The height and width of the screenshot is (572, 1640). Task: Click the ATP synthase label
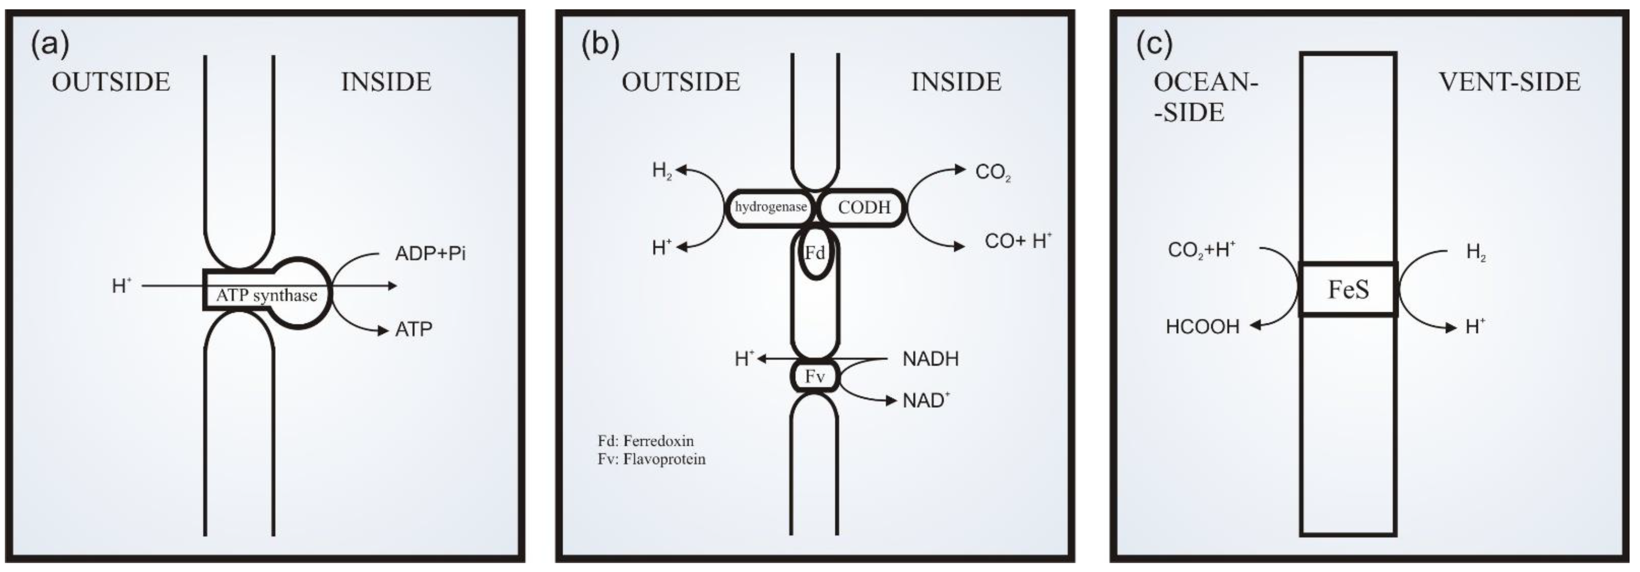tap(266, 296)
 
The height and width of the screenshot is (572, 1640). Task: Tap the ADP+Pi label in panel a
tap(430, 254)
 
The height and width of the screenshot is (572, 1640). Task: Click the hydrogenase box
tap(770, 207)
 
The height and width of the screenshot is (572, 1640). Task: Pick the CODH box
tap(863, 207)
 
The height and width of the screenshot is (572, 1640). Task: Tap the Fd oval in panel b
tap(815, 253)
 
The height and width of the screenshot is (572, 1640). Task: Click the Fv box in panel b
tap(815, 376)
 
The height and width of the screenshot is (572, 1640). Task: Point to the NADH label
tap(930, 359)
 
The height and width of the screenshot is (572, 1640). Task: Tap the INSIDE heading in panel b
tap(956, 82)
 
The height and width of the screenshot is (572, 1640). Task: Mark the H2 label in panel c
tap(1476, 253)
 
